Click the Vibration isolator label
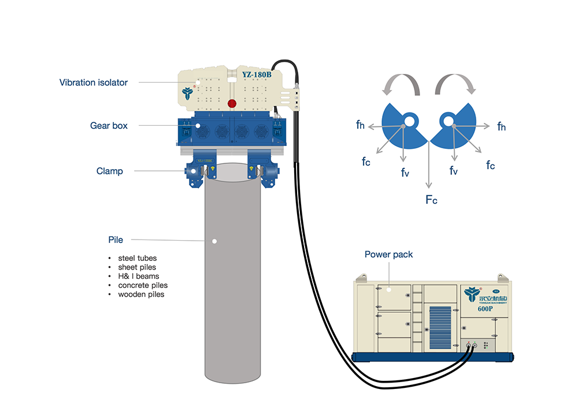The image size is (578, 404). [x=93, y=83]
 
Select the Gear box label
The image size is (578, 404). [x=109, y=125]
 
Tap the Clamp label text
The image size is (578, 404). [x=109, y=171]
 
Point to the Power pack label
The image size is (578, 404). [x=388, y=254]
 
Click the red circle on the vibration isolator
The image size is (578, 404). [x=232, y=103]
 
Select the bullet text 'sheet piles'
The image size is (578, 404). [x=137, y=267]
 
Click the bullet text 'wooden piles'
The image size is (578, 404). [x=141, y=294]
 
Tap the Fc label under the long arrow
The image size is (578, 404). [x=431, y=199]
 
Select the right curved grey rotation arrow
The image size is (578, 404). [x=455, y=86]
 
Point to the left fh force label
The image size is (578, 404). [x=360, y=124]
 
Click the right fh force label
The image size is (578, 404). [x=501, y=126]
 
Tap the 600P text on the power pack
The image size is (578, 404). [x=485, y=308]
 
